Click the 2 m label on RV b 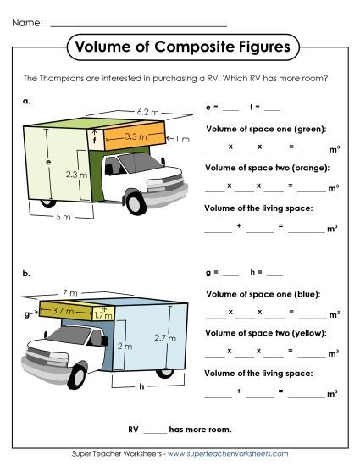tap(125, 347)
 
